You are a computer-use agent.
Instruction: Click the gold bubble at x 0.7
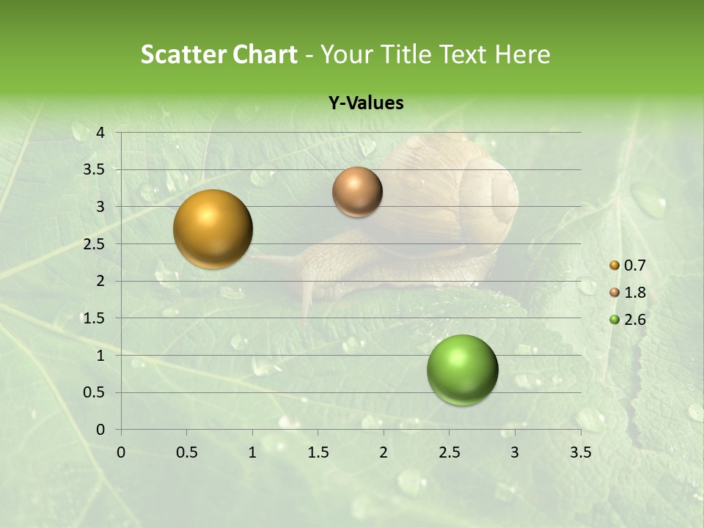point(213,229)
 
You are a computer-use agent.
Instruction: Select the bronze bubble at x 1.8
point(357,191)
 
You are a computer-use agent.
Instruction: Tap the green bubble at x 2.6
point(462,370)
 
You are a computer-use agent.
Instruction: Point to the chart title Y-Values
point(366,103)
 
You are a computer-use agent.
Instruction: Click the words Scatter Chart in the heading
point(219,54)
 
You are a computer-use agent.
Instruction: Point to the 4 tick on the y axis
point(100,133)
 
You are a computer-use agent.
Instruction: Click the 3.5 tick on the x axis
point(580,452)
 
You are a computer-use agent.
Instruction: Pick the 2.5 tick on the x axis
point(449,452)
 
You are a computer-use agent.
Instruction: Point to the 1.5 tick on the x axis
point(318,452)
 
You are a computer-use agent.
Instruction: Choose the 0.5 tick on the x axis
point(186,452)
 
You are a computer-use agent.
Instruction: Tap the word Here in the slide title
point(522,54)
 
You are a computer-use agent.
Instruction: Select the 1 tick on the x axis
point(252,452)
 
